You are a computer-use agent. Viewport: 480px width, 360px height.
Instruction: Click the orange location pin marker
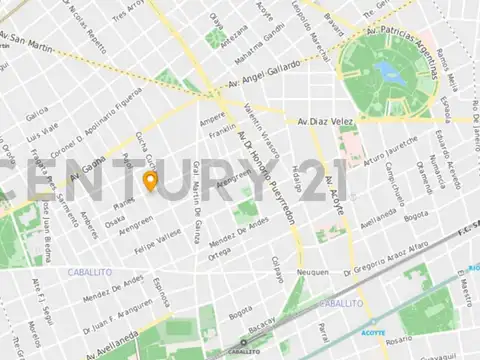[x=150, y=181]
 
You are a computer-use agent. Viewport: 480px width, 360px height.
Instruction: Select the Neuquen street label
[x=313, y=270]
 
